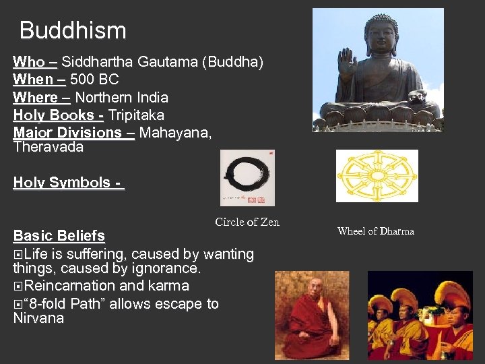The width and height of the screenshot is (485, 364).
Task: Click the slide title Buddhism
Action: pos(73,30)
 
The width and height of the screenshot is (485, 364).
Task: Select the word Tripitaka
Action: pos(136,115)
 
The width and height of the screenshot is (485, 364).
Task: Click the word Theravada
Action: pos(48,147)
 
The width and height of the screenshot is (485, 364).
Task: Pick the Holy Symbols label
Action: pos(67,183)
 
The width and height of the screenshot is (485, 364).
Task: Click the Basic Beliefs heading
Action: pos(59,236)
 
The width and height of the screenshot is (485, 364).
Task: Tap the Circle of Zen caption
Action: pos(247,222)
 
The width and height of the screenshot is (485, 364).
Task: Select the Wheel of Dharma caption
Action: pos(375,231)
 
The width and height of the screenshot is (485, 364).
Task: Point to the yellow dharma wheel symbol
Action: pos(377,175)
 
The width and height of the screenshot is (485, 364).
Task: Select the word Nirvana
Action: pos(38,318)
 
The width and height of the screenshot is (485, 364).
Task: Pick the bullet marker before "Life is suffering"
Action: pos(18,255)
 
